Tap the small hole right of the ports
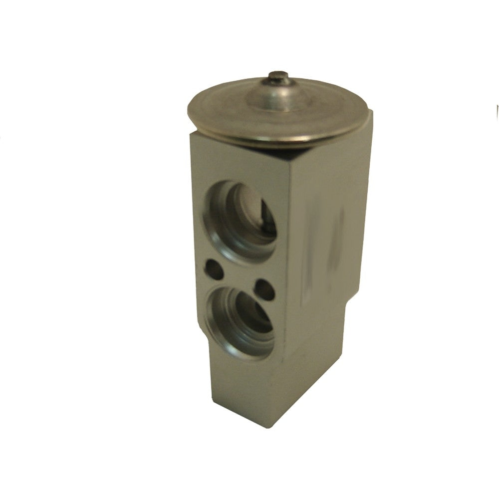pyautogui.click(x=264, y=290)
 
